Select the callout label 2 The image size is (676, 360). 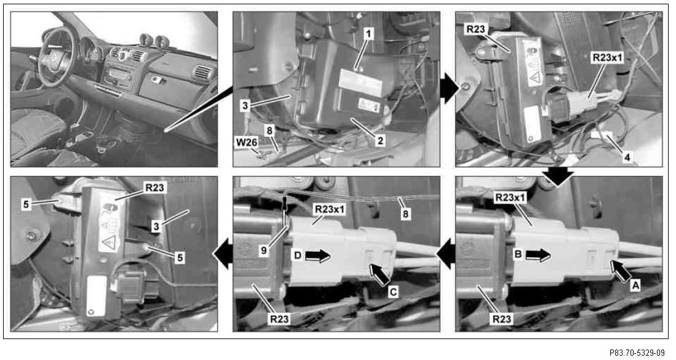pos(380,140)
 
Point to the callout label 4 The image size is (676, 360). pos(627,158)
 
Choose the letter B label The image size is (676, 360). pos(518,254)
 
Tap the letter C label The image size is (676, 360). pos(393,292)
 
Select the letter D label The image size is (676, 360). pos(298,255)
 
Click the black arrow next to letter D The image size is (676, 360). pos(317,255)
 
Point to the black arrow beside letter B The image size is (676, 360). pos(538,255)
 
